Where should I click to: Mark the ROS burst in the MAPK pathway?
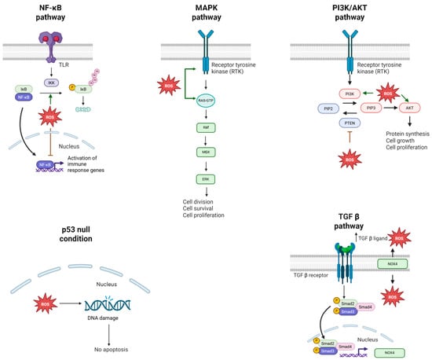click(169, 83)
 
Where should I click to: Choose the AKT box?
click(407, 110)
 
